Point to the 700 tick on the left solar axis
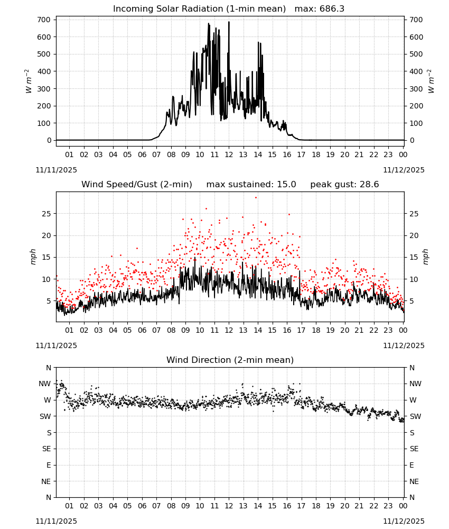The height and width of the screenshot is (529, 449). (44, 20)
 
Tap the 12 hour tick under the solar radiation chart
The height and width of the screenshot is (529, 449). (229, 154)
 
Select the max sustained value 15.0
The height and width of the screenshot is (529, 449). (286, 184)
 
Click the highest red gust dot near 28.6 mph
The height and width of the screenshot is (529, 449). (256, 198)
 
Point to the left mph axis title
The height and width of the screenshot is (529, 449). (33, 257)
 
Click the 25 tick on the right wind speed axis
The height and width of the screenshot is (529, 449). (414, 214)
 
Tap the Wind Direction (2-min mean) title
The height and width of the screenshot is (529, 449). (230, 360)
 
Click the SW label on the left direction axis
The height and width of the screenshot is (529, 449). (45, 416)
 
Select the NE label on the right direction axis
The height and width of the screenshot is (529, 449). (414, 481)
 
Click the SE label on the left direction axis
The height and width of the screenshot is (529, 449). (46, 449)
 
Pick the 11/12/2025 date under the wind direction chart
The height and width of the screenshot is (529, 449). (404, 521)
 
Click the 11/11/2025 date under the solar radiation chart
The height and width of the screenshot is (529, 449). (56, 170)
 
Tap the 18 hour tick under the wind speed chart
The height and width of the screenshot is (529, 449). (315, 330)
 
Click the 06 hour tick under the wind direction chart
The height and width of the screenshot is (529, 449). (142, 506)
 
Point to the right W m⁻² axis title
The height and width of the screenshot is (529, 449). (432, 81)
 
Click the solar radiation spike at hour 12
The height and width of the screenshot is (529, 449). (229, 22)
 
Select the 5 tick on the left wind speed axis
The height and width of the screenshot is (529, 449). (49, 300)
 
